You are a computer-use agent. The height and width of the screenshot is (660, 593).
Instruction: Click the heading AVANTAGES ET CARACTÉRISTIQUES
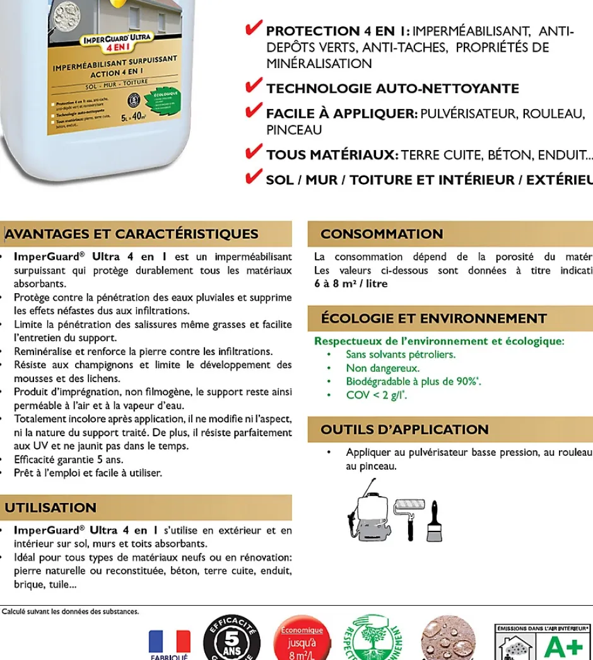click(132, 234)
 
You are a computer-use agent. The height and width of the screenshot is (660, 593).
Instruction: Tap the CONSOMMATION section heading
click(382, 234)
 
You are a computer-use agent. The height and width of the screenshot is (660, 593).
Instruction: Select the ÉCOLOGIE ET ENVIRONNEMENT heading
click(433, 319)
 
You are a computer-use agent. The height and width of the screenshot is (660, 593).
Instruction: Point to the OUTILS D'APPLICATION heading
click(404, 430)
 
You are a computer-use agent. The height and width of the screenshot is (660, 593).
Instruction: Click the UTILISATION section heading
click(50, 508)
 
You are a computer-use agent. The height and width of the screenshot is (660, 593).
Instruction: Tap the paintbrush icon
click(435, 523)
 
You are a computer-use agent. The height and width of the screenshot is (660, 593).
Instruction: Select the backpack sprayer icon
click(368, 514)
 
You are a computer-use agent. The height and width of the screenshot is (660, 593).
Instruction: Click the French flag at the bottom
click(169, 642)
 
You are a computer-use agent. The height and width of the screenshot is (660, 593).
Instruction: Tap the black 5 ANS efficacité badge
click(232, 638)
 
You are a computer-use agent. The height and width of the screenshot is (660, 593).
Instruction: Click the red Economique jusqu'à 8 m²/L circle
click(302, 640)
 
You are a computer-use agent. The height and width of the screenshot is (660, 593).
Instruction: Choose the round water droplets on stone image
click(449, 638)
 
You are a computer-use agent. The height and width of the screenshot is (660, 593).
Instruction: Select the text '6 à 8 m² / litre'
click(351, 284)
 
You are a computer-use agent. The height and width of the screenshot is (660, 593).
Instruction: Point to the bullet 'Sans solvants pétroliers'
click(401, 354)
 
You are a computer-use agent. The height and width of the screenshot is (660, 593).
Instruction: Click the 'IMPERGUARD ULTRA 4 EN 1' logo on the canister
click(118, 42)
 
